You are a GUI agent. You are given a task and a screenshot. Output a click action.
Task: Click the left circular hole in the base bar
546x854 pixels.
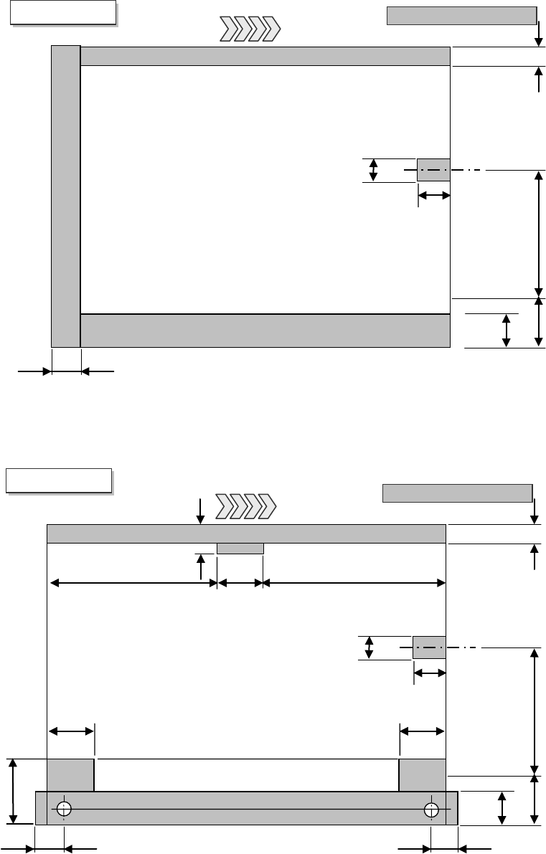(x=65, y=809)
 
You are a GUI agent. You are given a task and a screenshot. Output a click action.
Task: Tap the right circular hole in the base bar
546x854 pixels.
(x=430, y=809)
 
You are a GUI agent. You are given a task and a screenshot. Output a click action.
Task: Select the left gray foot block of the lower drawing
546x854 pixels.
(x=70, y=775)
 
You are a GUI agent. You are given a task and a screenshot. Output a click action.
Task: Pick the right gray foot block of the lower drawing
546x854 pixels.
(x=422, y=775)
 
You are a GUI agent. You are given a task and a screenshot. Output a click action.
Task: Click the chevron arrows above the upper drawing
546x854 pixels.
(x=249, y=30)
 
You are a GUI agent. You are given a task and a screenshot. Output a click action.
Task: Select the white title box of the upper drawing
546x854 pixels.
(x=63, y=13)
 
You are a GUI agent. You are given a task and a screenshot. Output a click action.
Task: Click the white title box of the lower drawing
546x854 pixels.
(x=59, y=480)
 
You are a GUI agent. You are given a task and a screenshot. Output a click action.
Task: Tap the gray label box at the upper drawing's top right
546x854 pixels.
(x=461, y=16)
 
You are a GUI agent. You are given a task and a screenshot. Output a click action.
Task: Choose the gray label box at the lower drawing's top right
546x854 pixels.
(x=457, y=493)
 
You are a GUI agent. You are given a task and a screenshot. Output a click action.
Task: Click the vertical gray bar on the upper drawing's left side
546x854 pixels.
(x=66, y=196)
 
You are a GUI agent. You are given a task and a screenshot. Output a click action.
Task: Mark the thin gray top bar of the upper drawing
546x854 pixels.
(x=265, y=56)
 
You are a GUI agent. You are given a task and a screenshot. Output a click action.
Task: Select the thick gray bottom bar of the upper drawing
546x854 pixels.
(x=265, y=331)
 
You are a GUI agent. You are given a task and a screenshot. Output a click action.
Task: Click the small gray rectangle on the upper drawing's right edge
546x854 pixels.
(x=433, y=170)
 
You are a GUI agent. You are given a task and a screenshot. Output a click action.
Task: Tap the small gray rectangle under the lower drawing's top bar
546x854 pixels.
(x=240, y=549)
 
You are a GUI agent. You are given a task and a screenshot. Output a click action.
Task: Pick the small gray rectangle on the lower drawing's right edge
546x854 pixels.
(x=429, y=647)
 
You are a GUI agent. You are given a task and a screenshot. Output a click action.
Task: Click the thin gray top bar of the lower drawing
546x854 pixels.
(x=246, y=534)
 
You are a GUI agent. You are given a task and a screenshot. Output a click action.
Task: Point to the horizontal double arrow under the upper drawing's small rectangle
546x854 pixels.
(x=433, y=195)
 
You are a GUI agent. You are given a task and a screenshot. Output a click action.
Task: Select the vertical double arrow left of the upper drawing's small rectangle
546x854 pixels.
(x=373, y=170)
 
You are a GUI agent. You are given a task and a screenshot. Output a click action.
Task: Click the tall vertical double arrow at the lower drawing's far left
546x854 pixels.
(x=13, y=791)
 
